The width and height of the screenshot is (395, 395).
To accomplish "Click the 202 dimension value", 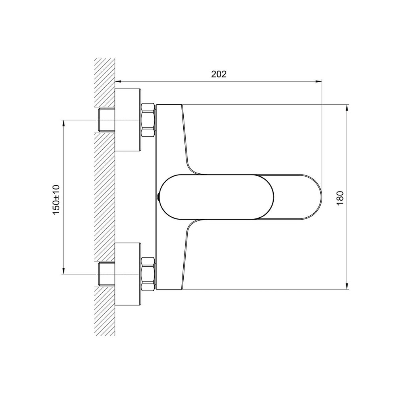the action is tap(219, 74).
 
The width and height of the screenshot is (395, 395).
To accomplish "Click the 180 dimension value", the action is tap(340, 198).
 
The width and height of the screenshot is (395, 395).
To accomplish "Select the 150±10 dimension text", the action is tap(56, 199).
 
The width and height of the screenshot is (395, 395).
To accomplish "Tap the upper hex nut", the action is tap(148, 120).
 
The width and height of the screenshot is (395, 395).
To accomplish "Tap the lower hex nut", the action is tap(148, 274).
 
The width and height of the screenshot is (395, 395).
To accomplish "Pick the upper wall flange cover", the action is tap(128, 120).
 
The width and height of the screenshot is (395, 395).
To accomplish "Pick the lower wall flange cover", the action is tap(128, 275).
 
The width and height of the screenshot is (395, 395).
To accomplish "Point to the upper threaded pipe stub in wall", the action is tap(107, 120).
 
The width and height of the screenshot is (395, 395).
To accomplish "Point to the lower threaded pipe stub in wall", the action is tap(107, 274).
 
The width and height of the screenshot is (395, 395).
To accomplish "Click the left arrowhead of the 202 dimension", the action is tap(118, 81).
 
